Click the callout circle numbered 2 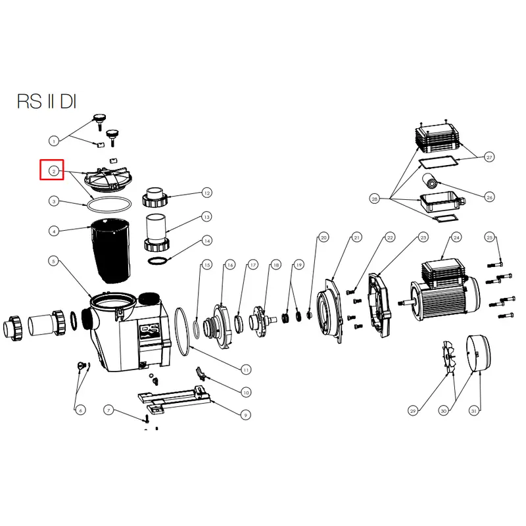pos(54,171)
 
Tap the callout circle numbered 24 pos(456,237)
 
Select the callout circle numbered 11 pos(246,370)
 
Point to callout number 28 pos(374,199)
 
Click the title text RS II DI pos(47,101)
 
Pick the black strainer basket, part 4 pos(110,250)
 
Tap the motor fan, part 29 pos(448,356)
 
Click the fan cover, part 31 pos(479,353)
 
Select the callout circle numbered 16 pos(229,265)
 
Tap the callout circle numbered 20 pos(323,237)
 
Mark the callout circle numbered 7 pos(108,410)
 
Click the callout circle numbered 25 pos(489,237)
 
